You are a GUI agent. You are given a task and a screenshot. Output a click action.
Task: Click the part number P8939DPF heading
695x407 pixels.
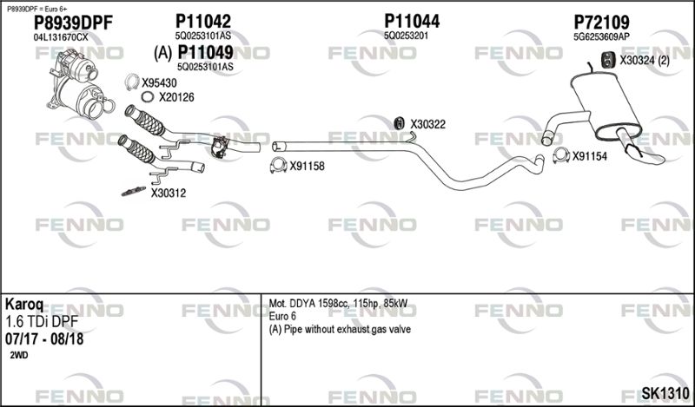(74, 23)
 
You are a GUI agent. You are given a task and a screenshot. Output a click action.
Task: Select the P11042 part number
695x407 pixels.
(203, 21)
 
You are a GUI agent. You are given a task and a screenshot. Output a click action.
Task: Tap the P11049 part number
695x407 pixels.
(205, 53)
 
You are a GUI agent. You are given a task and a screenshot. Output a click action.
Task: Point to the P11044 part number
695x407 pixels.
(412, 21)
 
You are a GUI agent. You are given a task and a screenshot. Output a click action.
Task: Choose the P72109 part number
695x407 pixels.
(601, 22)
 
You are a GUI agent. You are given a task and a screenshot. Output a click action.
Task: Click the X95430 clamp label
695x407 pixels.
(159, 82)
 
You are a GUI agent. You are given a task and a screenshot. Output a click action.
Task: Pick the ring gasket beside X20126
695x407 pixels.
(148, 96)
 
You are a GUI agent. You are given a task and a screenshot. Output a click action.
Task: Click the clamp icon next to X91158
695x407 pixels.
(278, 166)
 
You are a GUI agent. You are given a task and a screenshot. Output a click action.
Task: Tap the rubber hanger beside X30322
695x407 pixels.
(400, 123)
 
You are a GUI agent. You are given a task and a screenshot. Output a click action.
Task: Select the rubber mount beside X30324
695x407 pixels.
(606, 61)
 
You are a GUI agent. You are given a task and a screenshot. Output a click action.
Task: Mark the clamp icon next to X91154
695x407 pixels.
(560, 155)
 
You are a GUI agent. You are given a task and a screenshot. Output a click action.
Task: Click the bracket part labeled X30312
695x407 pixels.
(134, 191)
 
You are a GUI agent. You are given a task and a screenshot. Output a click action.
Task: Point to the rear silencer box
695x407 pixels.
(606, 106)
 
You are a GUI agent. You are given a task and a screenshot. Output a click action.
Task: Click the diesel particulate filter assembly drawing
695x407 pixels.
(78, 84)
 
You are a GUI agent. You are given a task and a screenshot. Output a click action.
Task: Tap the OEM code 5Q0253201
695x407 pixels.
(406, 36)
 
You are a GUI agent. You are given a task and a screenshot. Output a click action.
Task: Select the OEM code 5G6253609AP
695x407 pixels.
(601, 36)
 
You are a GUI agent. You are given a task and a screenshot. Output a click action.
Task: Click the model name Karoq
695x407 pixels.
(24, 305)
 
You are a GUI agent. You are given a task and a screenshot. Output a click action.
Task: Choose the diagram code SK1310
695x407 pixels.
(665, 393)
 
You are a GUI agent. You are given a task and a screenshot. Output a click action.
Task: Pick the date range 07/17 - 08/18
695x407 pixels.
(44, 339)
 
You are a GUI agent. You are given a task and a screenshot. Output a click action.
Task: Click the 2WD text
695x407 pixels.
(18, 356)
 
